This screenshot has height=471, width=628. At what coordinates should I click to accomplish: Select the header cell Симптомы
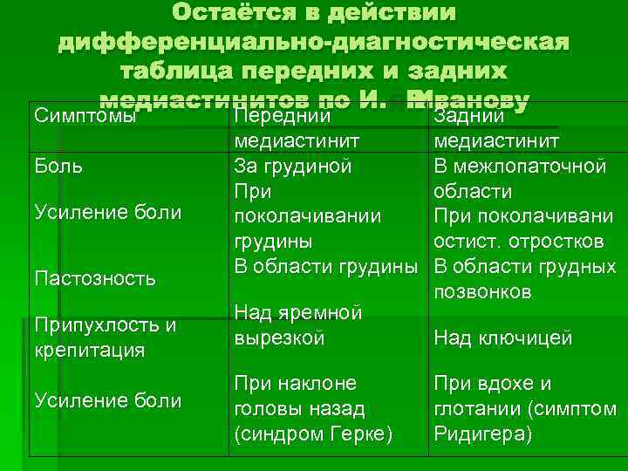click(x=83, y=116)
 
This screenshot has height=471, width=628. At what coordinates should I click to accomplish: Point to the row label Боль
click(x=58, y=166)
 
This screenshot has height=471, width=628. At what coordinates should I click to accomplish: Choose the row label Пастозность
click(x=94, y=278)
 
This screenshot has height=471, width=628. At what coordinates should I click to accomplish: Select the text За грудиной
click(x=293, y=166)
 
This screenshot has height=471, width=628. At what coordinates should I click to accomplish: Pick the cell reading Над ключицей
click(x=503, y=338)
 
